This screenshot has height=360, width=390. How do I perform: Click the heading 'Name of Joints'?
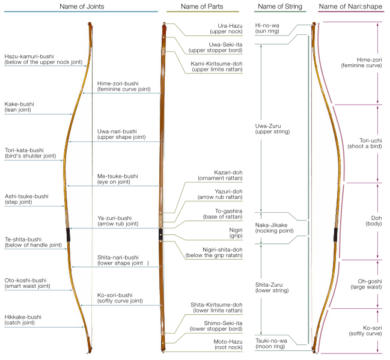pyautogui.click(x=80, y=6)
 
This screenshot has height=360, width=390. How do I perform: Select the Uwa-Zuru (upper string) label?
pyautogui.click(x=272, y=129)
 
